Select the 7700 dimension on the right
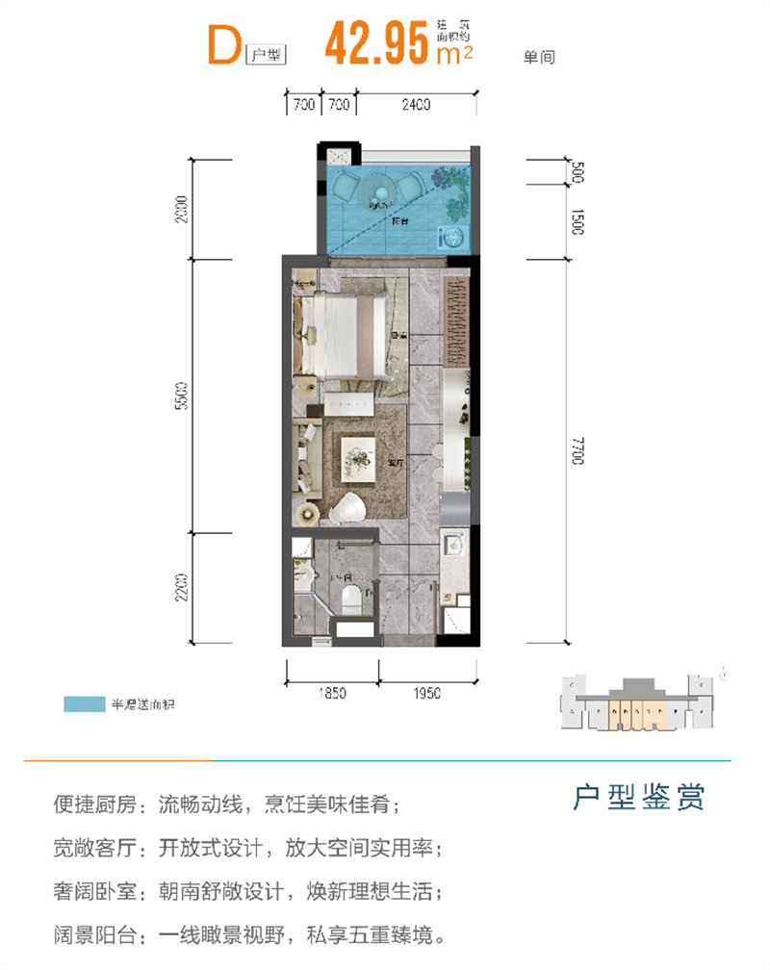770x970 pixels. pos(576,450)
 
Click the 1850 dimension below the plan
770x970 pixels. pos(330,692)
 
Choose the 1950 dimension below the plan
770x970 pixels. pos(425,692)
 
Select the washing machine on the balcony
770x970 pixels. pos(449,237)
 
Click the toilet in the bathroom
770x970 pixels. pos(349,600)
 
